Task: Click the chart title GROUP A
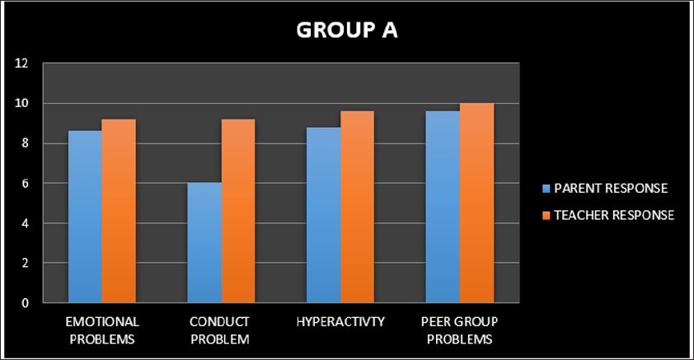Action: click(x=346, y=30)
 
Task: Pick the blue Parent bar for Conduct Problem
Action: click(x=204, y=243)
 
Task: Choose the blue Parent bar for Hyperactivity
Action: click(x=323, y=215)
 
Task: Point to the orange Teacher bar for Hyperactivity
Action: click(x=357, y=207)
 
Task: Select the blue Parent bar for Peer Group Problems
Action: click(x=443, y=207)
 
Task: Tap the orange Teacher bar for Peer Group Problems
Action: click(x=476, y=203)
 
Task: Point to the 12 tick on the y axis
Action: click(x=21, y=63)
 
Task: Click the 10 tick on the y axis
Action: click(x=21, y=103)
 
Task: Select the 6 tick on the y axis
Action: click(x=25, y=183)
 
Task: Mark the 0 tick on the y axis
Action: click(x=25, y=302)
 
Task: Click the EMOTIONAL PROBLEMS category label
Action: click(x=102, y=330)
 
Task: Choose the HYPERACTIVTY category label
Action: click(x=340, y=321)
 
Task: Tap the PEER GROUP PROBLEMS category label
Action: click(x=460, y=330)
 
